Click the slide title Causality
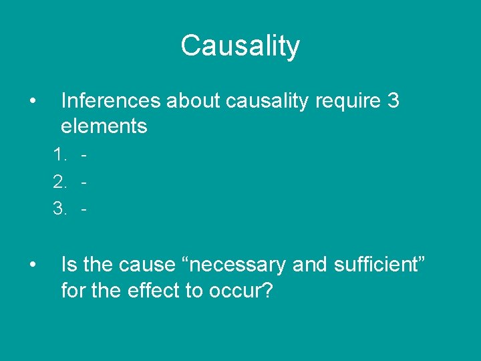pos(240,46)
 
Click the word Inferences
pos(110,101)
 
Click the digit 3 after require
pos(393,101)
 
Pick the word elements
pos(104,126)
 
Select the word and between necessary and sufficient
pos(308,265)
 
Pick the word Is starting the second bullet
pos(69,265)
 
